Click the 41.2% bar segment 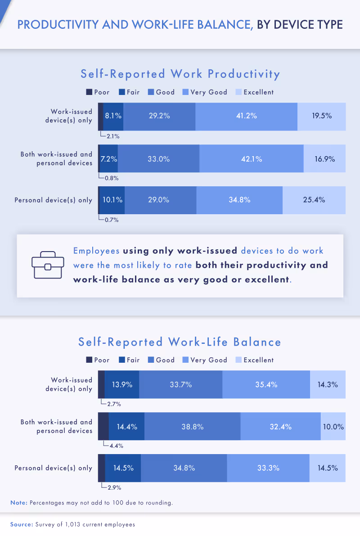pyautogui.click(x=246, y=116)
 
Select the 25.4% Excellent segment pyautogui.click(x=314, y=200)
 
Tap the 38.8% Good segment pyautogui.click(x=192, y=427)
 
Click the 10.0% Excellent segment pyautogui.click(x=333, y=427)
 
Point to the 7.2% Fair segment pyautogui.click(x=108, y=158)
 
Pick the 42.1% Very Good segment pyautogui.click(x=251, y=158)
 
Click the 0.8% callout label pyautogui.click(x=111, y=178)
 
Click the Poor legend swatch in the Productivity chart pyautogui.click(x=89, y=92)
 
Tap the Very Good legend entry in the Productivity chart pyautogui.click(x=205, y=92)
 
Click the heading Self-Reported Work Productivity pyautogui.click(x=180, y=74)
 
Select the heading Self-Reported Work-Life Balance pyautogui.click(x=180, y=342)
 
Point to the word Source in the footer pyautogui.click(x=20, y=524)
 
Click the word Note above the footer pyautogui.click(x=18, y=503)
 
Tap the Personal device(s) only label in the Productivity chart pyautogui.click(x=53, y=200)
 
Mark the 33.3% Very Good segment pyautogui.click(x=268, y=468)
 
